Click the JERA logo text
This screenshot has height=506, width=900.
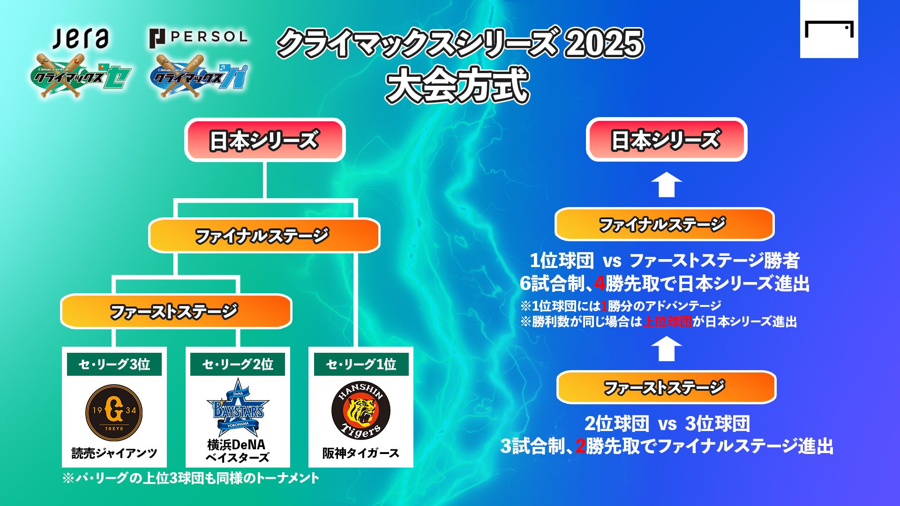pos(81,38)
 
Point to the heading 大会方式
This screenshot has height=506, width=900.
pos(457,85)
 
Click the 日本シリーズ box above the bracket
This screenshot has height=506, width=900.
pos(265,140)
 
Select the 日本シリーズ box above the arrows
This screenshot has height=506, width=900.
pos(666,140)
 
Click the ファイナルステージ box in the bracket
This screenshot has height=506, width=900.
pos(264,235)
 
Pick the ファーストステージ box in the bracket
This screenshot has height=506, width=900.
pos(176,311)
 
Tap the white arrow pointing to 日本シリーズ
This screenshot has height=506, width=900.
pos(666,185)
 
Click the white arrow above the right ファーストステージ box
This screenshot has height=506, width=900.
pos(666,349)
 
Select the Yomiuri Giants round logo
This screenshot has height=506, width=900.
pos(114,413)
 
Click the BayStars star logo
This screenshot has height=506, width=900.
pos(238,408)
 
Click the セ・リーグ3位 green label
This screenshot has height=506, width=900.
pos(114,364)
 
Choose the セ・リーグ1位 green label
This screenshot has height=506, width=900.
pos(361,364)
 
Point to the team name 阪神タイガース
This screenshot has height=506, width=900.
pos(360,453)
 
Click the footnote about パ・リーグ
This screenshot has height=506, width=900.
pos(191,478)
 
